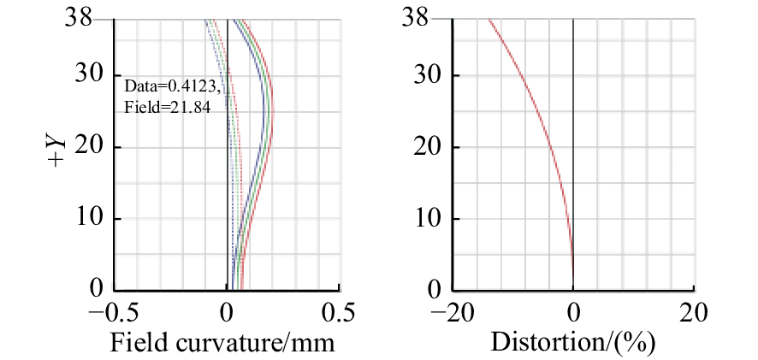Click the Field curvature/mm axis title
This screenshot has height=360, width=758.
click(222, 342)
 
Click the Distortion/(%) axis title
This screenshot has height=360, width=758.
click(572, 342)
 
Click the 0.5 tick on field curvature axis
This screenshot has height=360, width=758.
click(340, 311)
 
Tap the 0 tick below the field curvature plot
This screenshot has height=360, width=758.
click(227, 311)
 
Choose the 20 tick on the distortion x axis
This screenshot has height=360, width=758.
click(694, 311)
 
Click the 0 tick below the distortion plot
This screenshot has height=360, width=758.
click(573, 311)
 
